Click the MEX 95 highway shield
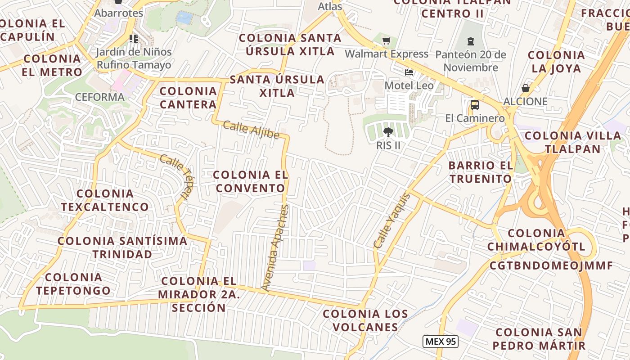[x=441, y=342]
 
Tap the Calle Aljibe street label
[x=251, y=130]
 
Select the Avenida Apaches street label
[x=275, y=247]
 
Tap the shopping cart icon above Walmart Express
[x=386, y=41]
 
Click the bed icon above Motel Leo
[x=409, y=72]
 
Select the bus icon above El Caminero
[x=474, y=105]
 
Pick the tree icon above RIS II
[x=388, y=132]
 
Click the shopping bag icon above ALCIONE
[x=525, y=88]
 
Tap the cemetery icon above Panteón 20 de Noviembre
[x=471, y=42]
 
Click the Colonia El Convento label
[x=251, y=181]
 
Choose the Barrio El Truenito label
[x=481, y=172]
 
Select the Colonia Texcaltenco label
[x=105, y=200]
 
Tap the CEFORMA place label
[x=99, y=97]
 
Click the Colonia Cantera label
[x=189, y=98]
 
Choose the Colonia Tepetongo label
[x=73, y=284]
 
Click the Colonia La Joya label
[x=556, y=62]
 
